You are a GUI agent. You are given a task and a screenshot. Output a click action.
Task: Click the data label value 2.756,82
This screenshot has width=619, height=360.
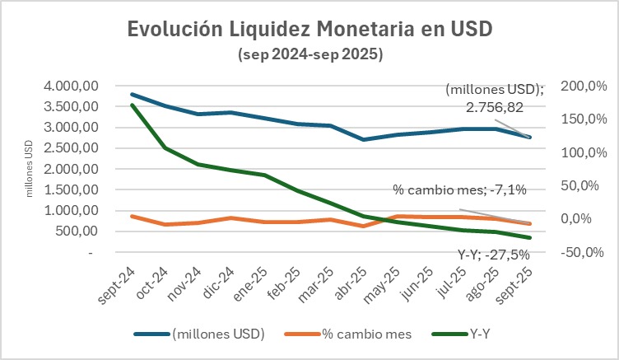(x=494, y=106)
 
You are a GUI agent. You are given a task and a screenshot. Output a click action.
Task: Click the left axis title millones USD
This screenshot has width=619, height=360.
(x=30, y=169)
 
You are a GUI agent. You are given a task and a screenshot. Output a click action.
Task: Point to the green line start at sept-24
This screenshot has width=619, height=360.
(x=133, y=105)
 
